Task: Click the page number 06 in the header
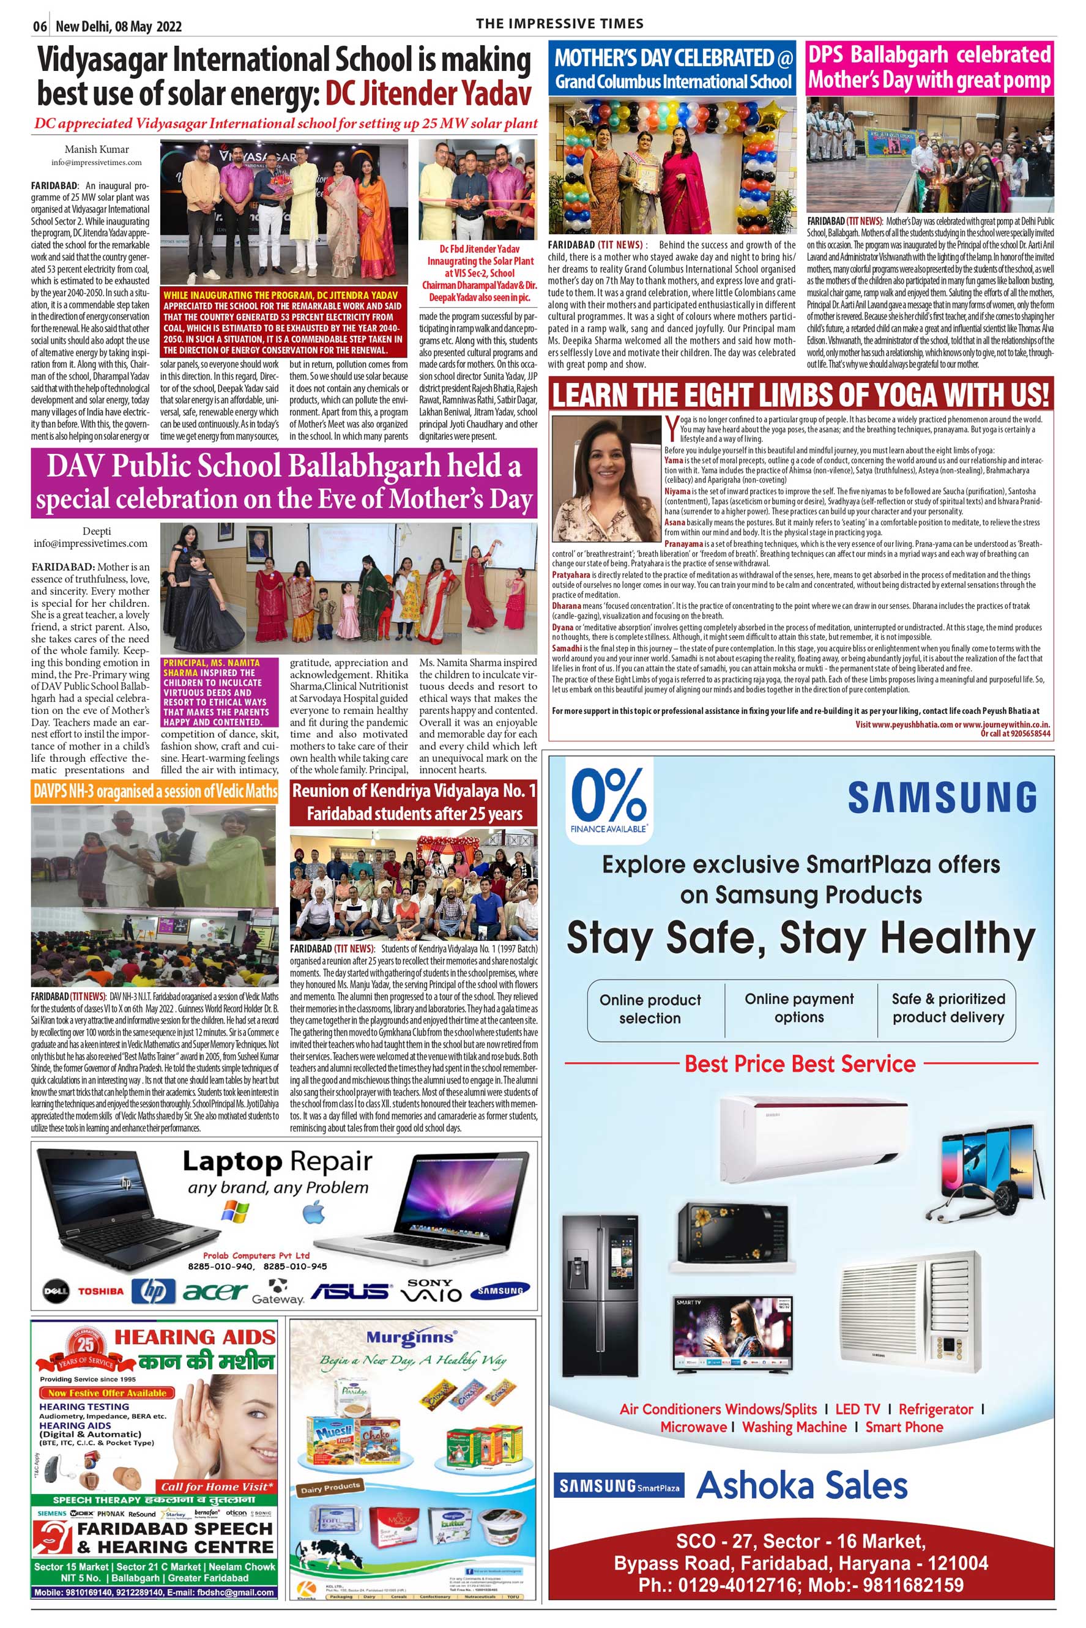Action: pyautogui.click(x=40, y=26)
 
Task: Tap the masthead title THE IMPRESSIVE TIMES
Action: pyautogui.click(x=560, y=23)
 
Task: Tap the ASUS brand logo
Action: pyautogui.click(x=350, y=1291)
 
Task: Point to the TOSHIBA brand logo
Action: pyautogui.click(x=100, y=1292)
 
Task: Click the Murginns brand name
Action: pyautogui.click(x=411, y=1338)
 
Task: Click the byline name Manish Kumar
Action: pyautogui.click(x=96, y=149)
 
